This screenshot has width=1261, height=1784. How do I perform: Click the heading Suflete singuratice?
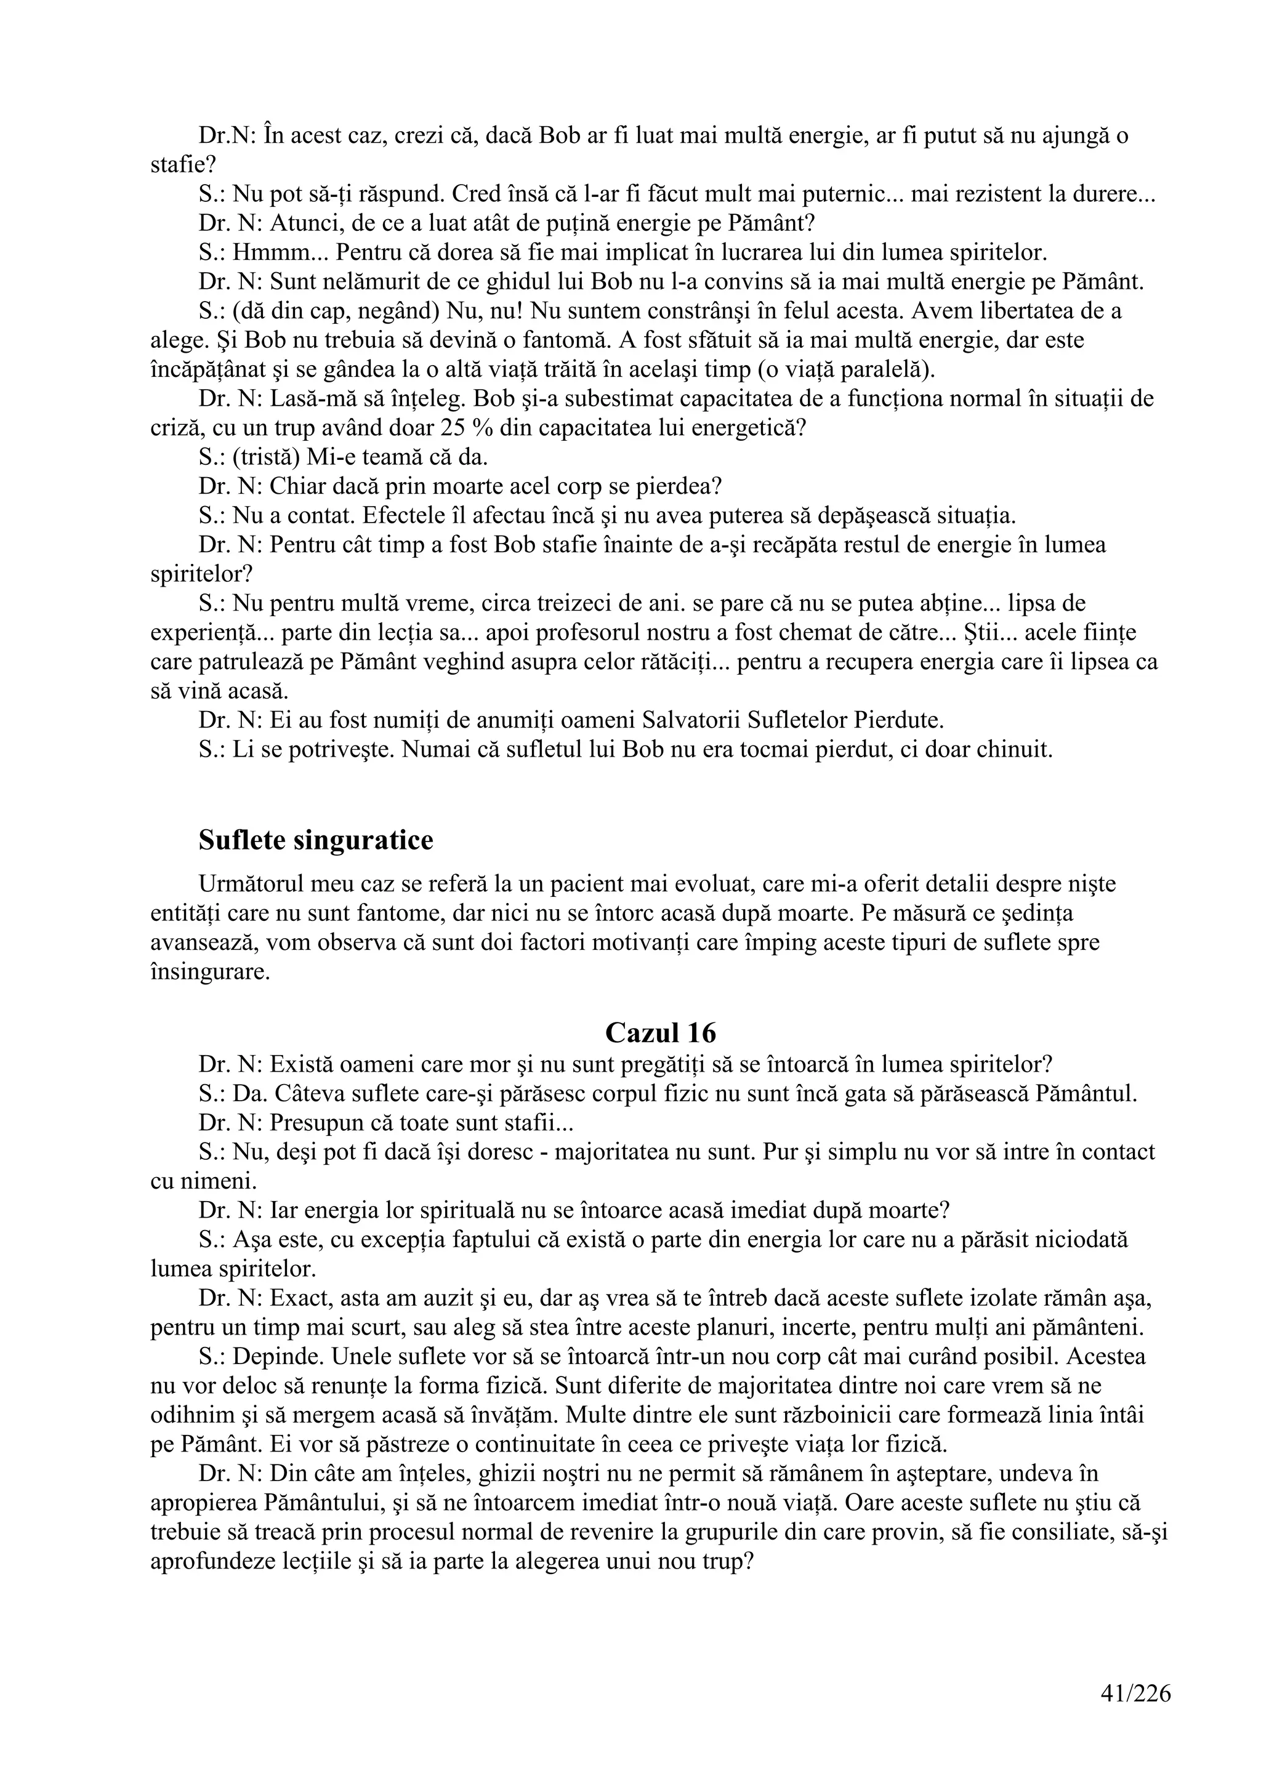pos(315,840)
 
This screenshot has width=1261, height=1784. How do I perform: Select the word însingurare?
pos(210,972)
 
